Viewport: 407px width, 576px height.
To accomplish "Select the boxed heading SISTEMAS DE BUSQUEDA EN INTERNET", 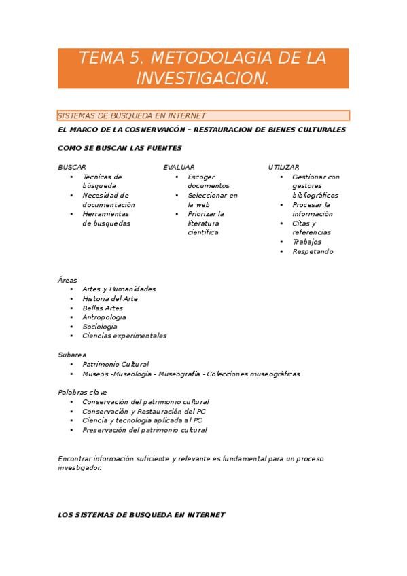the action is (x=132, y=115).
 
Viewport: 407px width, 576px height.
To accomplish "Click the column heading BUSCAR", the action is (x=72, y=167).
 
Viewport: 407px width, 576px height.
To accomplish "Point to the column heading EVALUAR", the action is (x=179, y=167).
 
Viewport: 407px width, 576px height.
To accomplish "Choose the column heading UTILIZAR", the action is (x=284, y=167).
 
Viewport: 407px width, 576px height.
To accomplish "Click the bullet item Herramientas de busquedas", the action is (x=106, y=218).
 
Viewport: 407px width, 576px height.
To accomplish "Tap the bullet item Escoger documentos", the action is (x=208, y=181).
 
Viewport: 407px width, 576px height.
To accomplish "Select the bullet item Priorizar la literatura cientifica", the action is (x=204, y=223).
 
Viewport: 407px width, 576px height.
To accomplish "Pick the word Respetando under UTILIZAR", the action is (x=313, y=251).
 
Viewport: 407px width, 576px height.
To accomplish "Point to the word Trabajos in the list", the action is (x=306, y=242).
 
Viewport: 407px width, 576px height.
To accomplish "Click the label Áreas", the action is (x=68, y=280).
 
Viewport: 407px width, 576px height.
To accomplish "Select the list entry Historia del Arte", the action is (x=109, y=298).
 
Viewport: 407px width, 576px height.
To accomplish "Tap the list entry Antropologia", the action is (x=104, y=317).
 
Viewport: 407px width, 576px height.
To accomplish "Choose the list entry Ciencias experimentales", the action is (x=124, y=336).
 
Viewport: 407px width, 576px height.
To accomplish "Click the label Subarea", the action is (x=72, y=355).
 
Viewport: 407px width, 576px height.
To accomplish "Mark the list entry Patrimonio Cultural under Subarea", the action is (x=116, y=364).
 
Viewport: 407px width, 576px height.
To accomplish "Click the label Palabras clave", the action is (x=82, y=392).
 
